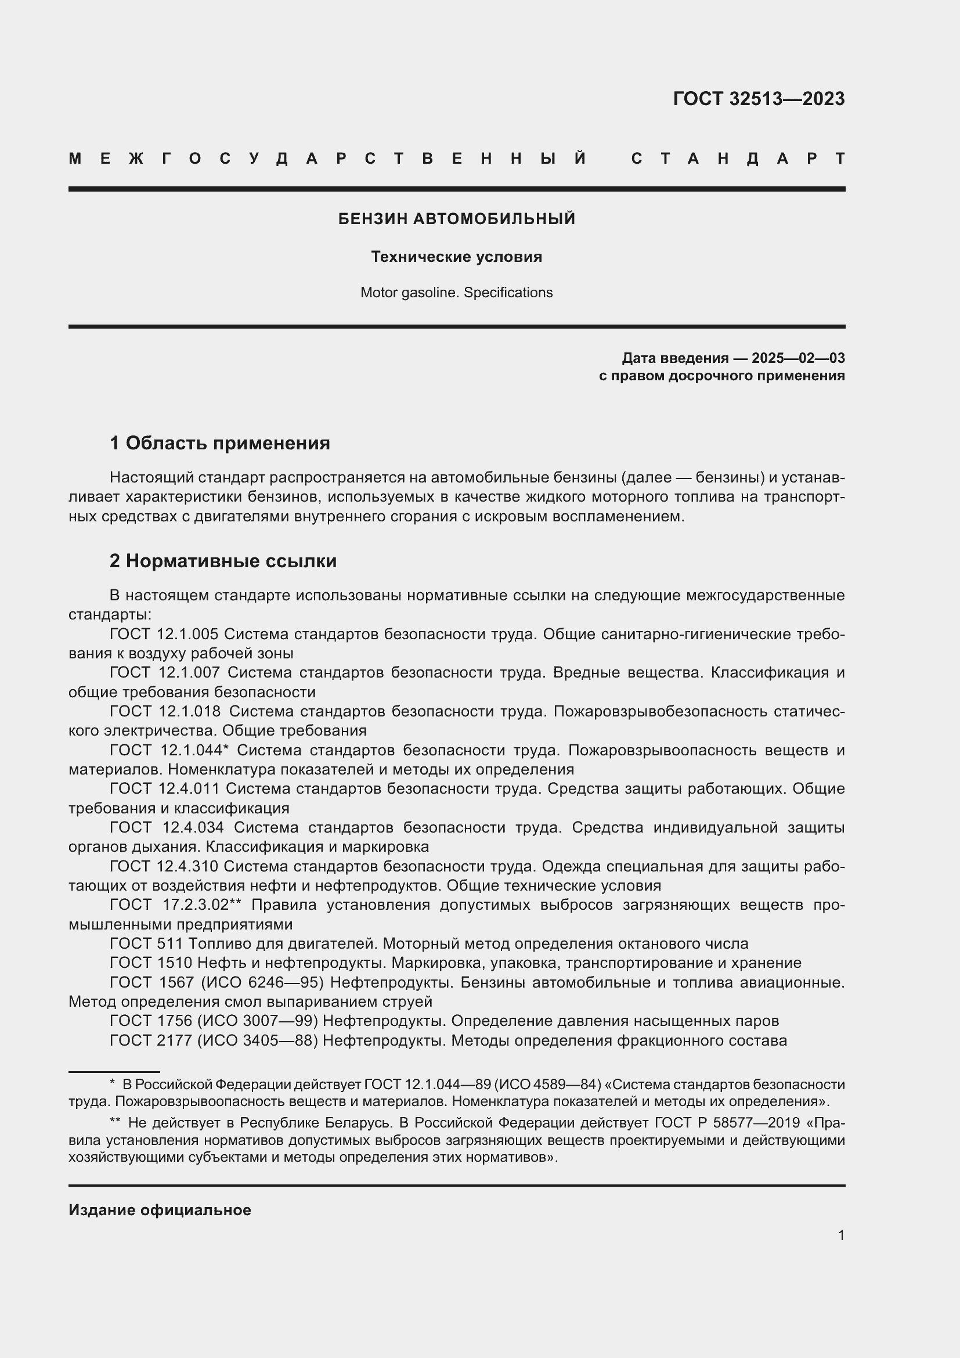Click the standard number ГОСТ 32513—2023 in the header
click(x=759, y=99)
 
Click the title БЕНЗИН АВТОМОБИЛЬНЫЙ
click(x=456, y=219)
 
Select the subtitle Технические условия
click(x=456, y=257)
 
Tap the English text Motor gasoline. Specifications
click(x=456, y=293)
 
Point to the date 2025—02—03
click(x=797, y=358)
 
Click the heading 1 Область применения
click(x=219, y=443)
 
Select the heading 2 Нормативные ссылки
click(x=223, y=561)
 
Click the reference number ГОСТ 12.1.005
click(x=164, y=634)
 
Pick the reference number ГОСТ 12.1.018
click(x=165, y=711)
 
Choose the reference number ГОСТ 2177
click(x=151, y=1040)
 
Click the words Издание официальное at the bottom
click(x=160, y=1210)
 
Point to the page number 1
click(x=840, y=1235)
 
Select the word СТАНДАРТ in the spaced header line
click(x=738, y=159)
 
